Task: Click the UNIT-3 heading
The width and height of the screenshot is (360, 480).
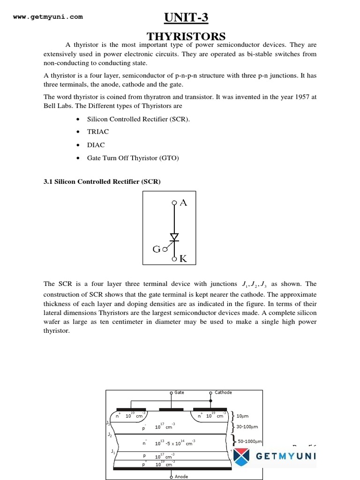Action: pyautogui.click(x=185, y=18)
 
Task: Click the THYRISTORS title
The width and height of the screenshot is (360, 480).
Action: pyautogui.click(x=186, y=36)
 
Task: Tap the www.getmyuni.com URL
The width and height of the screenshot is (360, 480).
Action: pyautogui.click(x=48, y=17)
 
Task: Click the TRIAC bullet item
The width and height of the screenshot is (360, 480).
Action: pyautogui.click(x=97, y=132)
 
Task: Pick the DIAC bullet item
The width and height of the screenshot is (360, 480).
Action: pyautogui.click(x=96, y=145)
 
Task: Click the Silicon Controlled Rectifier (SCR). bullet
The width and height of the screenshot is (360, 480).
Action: pyautogui.click(x=138, y=119)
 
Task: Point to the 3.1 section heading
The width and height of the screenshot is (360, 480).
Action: pyautogui.click(x=102, y=182)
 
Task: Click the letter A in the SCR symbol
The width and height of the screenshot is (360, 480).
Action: pyautogui.click(x=183, y=202)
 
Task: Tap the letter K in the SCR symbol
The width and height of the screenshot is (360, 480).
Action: pyautogui.click(x=183, y=258)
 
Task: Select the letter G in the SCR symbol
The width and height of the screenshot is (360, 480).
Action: pyautogui.click(x=157, y=249)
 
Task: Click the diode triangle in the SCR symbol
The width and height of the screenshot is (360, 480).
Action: pyautogui.click(x=174, y=237)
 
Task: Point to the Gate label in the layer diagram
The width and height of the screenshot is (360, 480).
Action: pyautogui.click(x=179, y=392)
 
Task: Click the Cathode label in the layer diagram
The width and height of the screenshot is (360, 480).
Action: pyautogui.click(x=223, y=392)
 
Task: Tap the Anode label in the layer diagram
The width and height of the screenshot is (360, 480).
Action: pyautogui.click(x=181, y=477)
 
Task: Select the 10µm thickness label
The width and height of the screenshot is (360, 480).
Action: pyautogui.click(x=243, y=416)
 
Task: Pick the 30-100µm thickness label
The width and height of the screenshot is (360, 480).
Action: pyautogui.click(x=248, y=427)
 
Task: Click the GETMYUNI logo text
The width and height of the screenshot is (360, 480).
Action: pyautogui.click(x=285, y=456)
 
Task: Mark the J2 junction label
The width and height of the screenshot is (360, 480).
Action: pyautogui.click(x=110, y=435)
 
